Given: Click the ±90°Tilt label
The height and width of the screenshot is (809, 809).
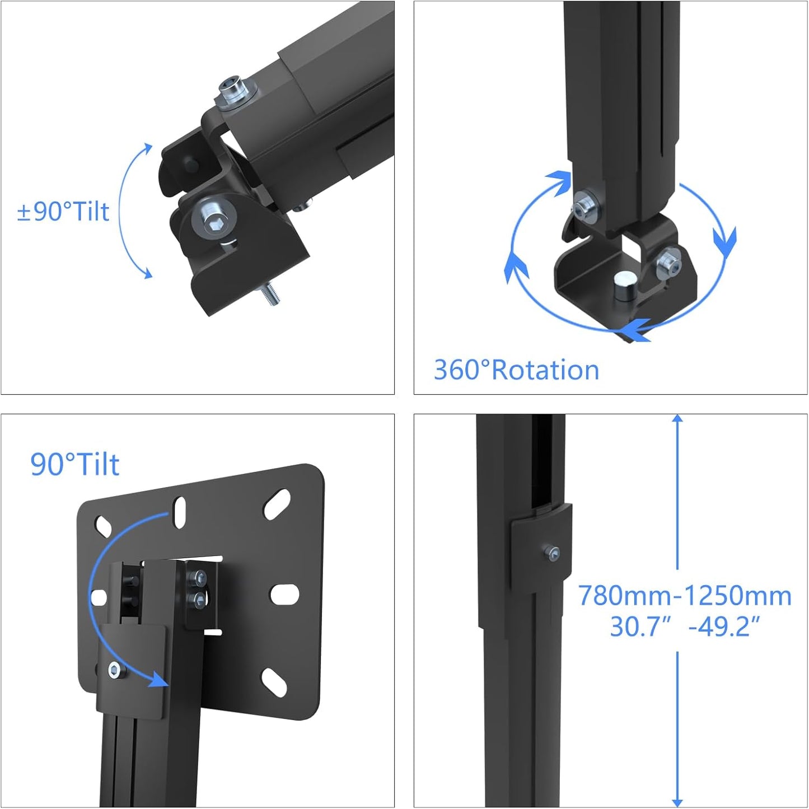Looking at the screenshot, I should pyautogui.click(x=63, y=212).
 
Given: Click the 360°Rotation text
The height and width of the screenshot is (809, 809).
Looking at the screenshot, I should pyautogui.click(x=516, y=370).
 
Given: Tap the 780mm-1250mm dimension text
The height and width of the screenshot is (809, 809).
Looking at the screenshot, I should pyautogui.click(x=684, y=596).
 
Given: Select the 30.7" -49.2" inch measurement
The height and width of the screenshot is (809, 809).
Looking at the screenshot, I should pyautogui.click(x=684, y=626).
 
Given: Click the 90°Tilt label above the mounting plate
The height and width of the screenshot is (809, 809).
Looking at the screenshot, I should pyautogui.click(x=74, y=464).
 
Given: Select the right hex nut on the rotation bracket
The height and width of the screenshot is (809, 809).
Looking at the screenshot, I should pyautogui.click(x=667, y=261).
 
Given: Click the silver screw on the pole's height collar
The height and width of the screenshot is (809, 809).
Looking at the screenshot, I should pyautogui.click(x=553, y=553).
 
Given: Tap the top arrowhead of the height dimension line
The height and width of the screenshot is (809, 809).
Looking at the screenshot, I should pyautogui.click(x=677, y=419).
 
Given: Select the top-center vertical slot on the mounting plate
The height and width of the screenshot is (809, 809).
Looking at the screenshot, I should pyautogui.click(x=180, y=512).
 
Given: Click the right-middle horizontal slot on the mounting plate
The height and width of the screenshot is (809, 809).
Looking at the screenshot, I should pyautogui.click(x=284, y=595).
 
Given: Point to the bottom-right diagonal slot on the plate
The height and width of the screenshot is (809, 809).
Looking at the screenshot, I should pyautogui.click(x=273, y=682).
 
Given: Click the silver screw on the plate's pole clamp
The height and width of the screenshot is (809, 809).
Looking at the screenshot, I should pyautogui.click(x=115, y=669).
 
